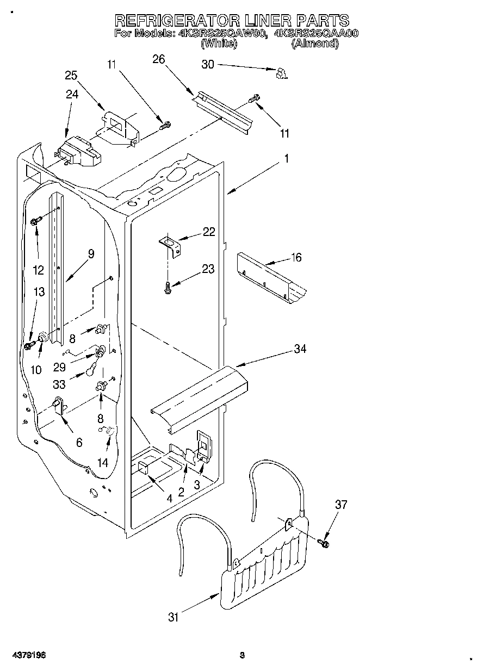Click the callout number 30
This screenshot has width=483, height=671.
208,64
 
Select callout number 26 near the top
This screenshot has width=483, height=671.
158,59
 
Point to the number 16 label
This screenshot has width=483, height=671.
296,257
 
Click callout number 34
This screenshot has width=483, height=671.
300,349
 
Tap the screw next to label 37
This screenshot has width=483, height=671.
325,542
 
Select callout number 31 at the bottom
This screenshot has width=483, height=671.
173,617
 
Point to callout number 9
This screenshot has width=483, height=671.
91,253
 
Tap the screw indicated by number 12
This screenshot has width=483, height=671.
37,221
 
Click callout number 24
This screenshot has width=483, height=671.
72,94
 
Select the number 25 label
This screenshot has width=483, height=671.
71,74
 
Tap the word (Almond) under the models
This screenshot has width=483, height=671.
315,44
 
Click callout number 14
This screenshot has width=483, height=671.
102,462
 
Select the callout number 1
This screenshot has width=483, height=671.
286,159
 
